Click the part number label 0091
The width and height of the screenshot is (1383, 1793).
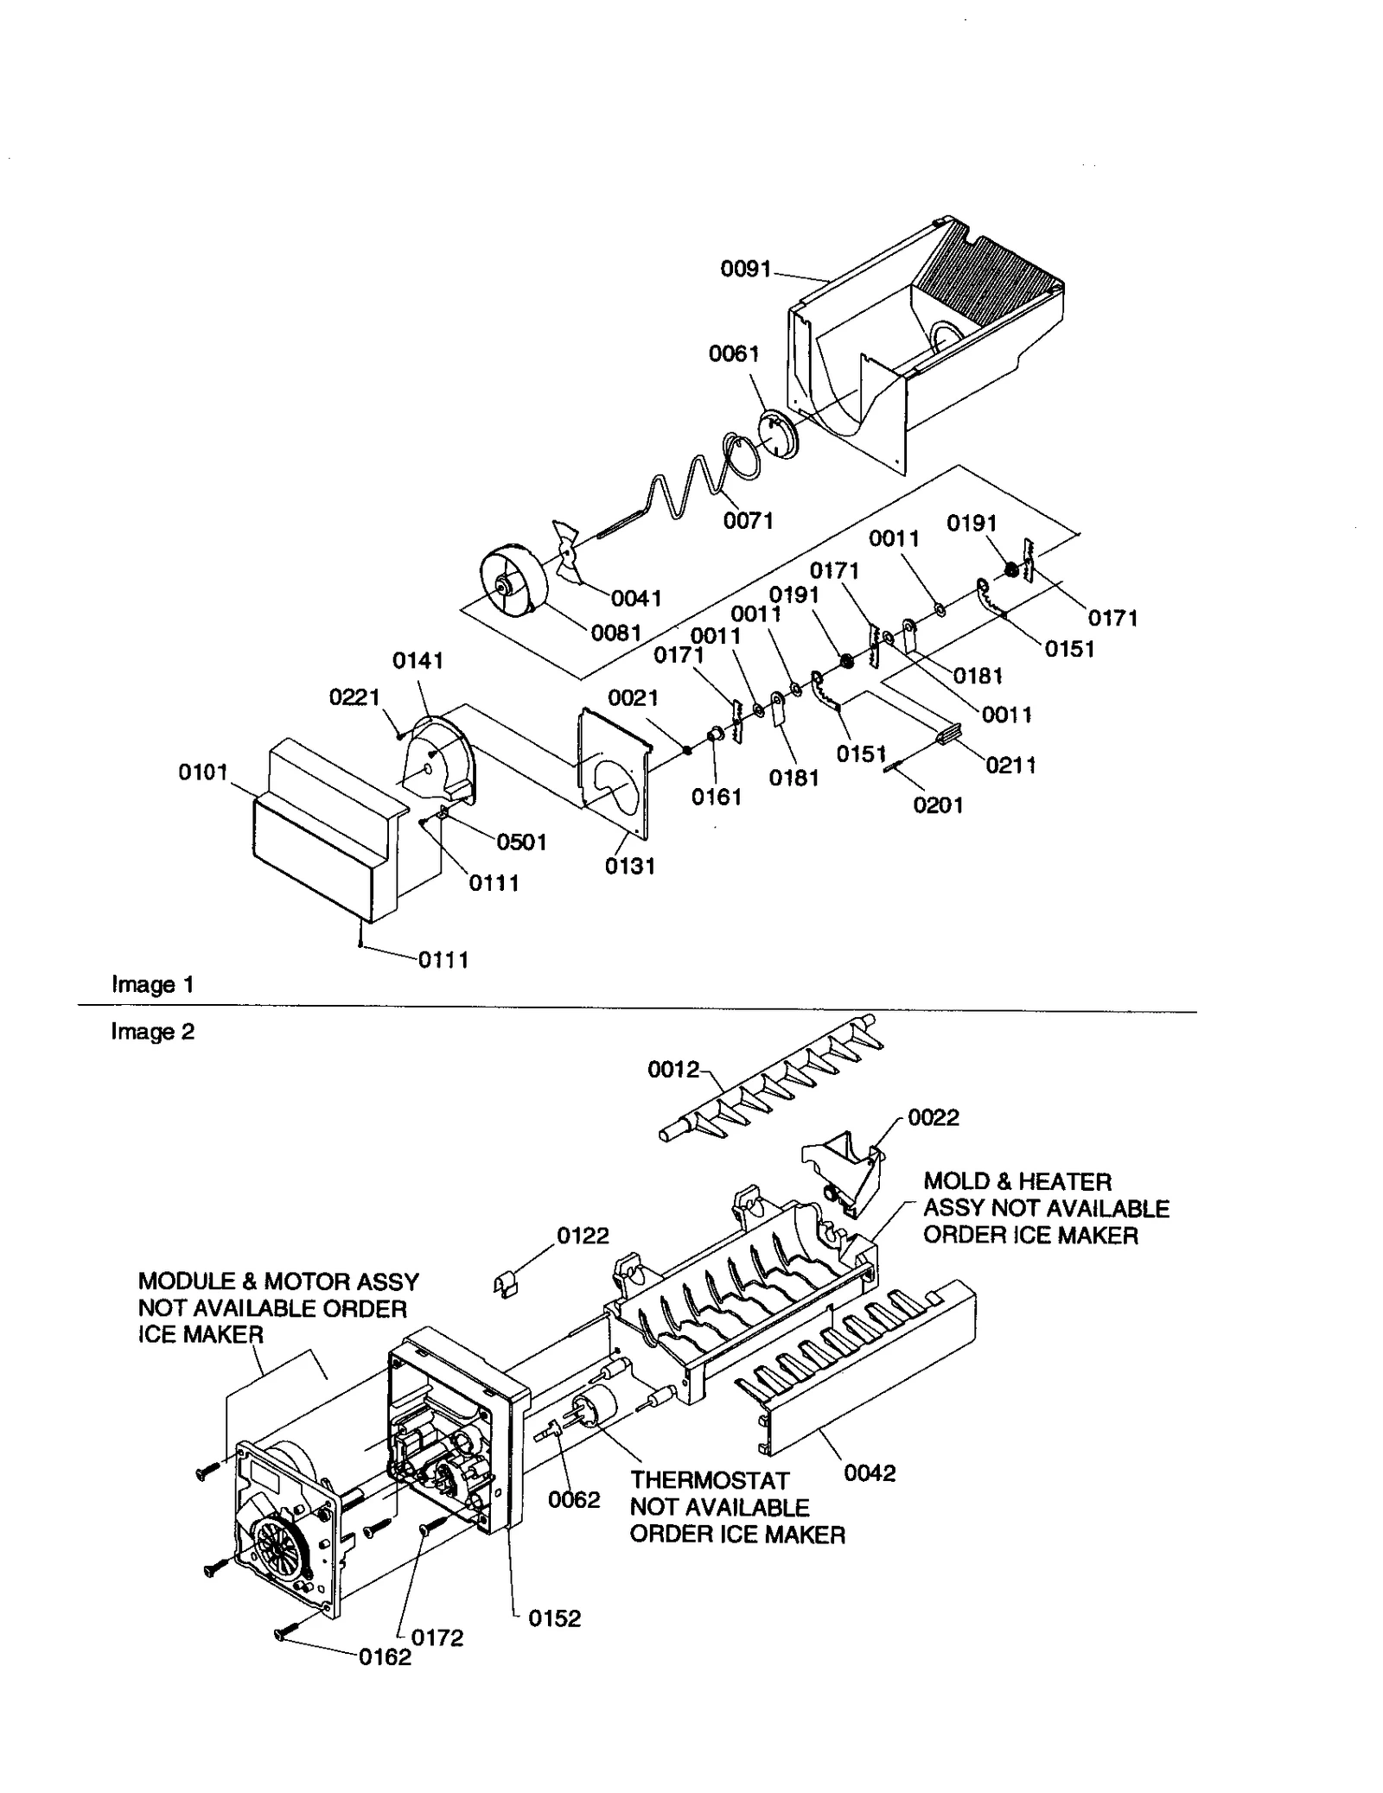tap(745, 270)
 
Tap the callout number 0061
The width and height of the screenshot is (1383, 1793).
tap(734, 353)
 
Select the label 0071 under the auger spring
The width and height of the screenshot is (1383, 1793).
tap(748, 520)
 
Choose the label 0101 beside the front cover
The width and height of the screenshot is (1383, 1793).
tap(203, 772)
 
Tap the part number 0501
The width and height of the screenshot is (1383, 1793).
tap(521, 842)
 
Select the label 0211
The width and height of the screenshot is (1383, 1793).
tap(1010, 765)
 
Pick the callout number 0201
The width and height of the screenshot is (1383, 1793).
tap(938, 804)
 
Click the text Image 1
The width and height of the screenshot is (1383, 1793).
tap(152, 984)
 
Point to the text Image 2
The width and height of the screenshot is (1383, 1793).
tap(152, 1032)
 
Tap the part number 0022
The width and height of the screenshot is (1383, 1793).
tap(934, 1117)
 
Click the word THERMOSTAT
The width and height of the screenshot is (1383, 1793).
tap(709, 1480)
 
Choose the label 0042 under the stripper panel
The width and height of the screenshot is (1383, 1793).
tap(870, 1473)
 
